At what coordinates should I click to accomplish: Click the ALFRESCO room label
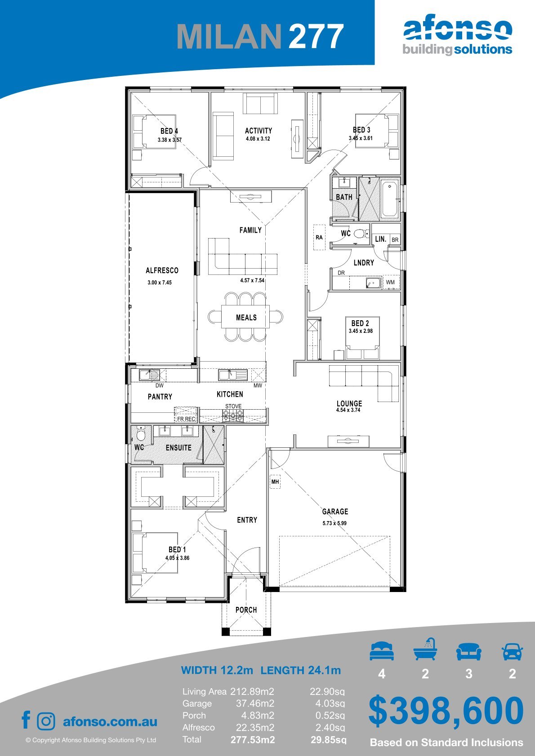(162, 270)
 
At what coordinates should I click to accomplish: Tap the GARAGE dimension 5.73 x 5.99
(334, 523)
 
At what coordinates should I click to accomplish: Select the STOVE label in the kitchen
(233, 406)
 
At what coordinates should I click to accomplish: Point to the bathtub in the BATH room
(389, 199)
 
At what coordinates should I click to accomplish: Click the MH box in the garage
(275, 482)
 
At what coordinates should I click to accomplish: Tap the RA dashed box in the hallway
(319, 237)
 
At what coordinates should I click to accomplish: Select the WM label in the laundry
(390, 282)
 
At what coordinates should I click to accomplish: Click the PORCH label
(246, 610)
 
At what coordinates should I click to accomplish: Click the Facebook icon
(26, 720)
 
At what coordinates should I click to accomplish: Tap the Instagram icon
(46, 721)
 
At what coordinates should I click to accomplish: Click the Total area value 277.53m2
(253, 740)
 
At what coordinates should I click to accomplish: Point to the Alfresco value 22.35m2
(255, 728)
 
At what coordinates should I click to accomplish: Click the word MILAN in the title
(229, 36)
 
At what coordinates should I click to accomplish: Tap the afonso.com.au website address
(110, 721)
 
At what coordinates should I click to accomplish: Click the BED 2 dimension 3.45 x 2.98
(361, 331)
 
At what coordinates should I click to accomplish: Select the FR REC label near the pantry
(187, 419)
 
